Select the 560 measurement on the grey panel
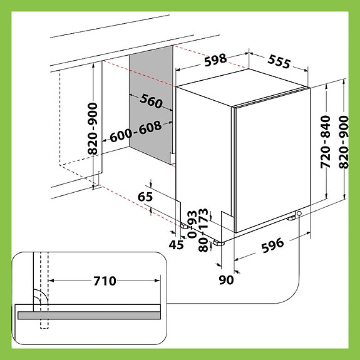pos(151,102)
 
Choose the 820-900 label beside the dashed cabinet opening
pos(93,128)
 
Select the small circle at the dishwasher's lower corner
pos(299,214)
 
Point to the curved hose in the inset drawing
pos(39,300)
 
